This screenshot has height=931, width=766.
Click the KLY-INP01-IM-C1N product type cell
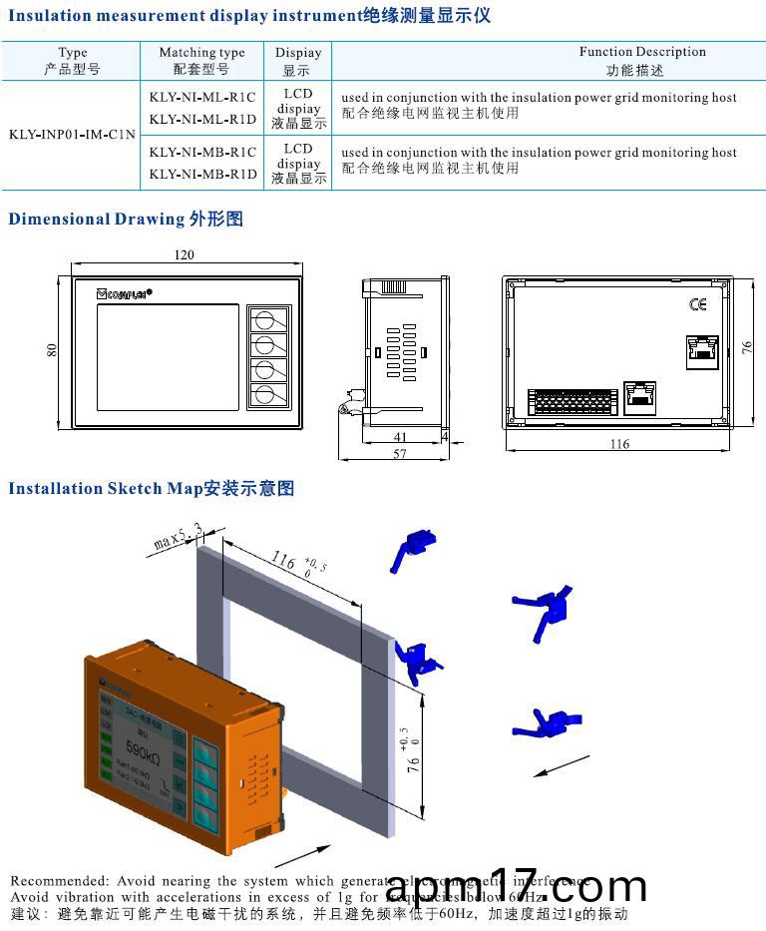pyautogui.click(x=72, y=133)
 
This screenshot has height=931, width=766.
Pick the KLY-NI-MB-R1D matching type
pyautogui.click(x=202, y=174)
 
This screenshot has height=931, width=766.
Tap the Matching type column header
pyautogui.click(x=201, y=60)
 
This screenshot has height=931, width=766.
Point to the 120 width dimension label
pyautogui.click(x=185, y=254)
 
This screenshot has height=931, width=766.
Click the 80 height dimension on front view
pyautogui.click(x=52, y=349)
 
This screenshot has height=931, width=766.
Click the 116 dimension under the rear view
pyautogui.click(x=619, y=444)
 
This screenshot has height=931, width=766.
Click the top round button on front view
pyautogui.click(x=265, y=319)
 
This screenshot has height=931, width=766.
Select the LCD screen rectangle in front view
pyautogui.click(x=167, y=357)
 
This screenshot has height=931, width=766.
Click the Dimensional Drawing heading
pyautogui.click(x=126, y=219)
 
